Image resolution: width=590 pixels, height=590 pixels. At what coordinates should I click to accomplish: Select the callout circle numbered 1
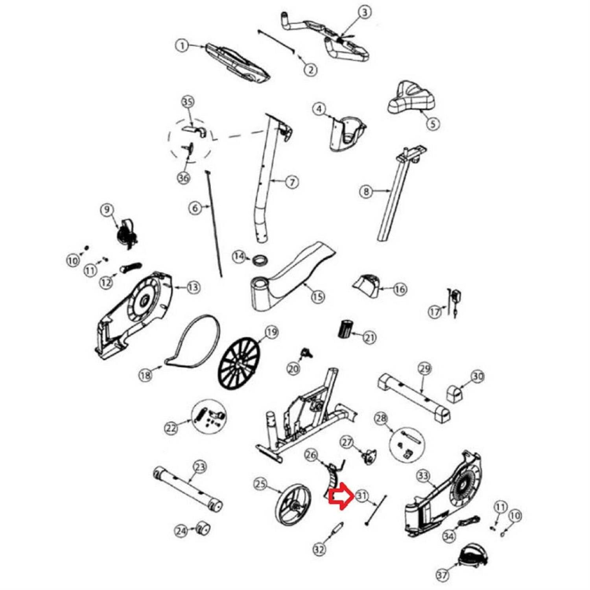click(182, 46)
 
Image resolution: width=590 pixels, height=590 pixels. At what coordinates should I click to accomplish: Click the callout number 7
click(292, 182)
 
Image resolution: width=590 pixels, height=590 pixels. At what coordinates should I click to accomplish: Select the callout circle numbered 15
click(318, 297)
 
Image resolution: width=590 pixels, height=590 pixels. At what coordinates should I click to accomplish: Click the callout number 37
click(442, 575)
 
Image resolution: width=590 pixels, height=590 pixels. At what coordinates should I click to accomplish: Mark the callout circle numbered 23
click(200, 467)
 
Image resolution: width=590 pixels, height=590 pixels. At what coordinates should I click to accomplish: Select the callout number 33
click(423, 476)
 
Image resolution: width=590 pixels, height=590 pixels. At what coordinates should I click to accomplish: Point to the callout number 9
click(107, 210)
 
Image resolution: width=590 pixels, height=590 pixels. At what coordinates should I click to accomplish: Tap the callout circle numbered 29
click(425, 369)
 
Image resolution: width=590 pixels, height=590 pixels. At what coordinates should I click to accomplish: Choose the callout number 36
click(184, 178)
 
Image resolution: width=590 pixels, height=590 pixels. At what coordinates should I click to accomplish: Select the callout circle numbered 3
click(365, 12)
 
